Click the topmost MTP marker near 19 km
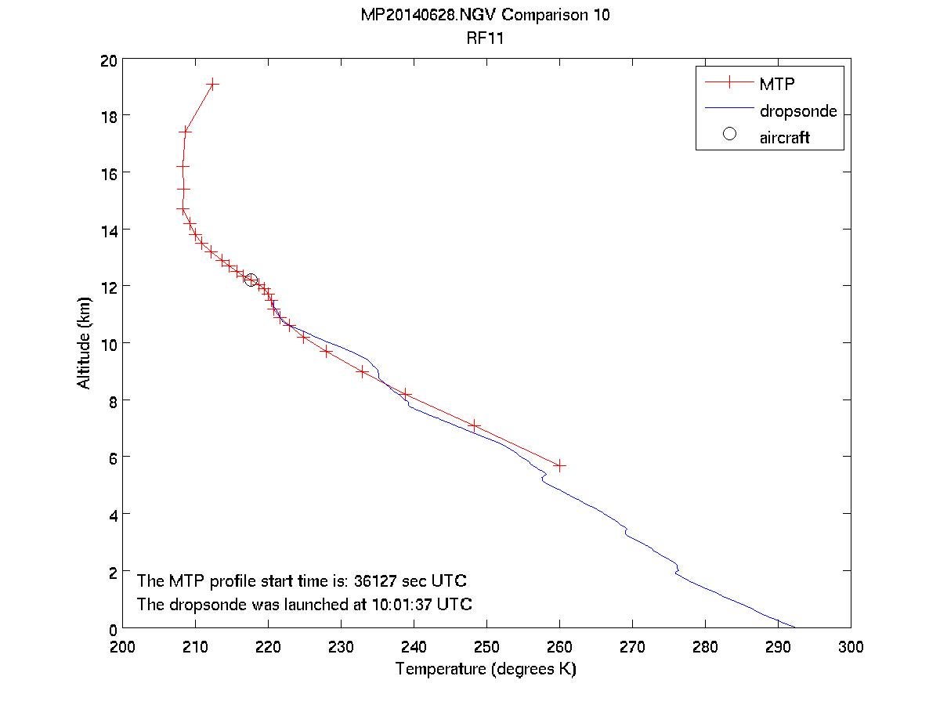[x=212, y=84]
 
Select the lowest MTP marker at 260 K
[x=559, y=465]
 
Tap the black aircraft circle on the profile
[x=251, y=280]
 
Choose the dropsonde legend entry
[x=797, y=110]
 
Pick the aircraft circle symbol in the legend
[x=729, y=134]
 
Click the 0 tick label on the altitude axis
[x=113, y=629]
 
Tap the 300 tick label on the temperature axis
[x=850, y=646]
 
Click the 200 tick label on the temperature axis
[x=123, y=646]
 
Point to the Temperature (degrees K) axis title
[x=486, y=669]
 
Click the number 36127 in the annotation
[x=377, y=581]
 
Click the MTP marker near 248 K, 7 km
[x=474, y=425]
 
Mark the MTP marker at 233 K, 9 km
[x=362, y=371]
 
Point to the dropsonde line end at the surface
[x=794, y=627]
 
